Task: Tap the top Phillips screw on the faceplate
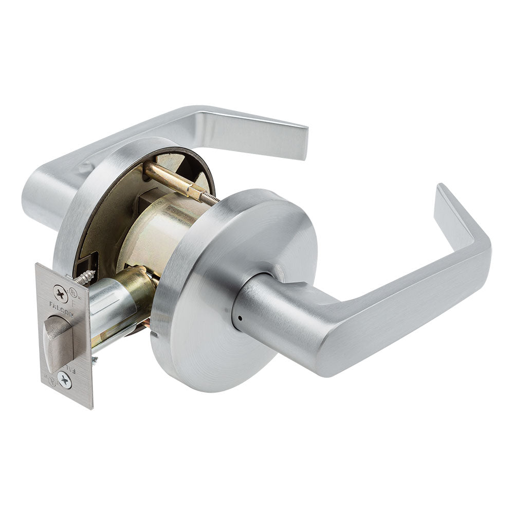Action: pyautogui.click(x=61, y=293)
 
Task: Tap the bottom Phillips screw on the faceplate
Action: pyautogui.click(x=64, y=381)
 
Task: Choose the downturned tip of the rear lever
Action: pyautogui.click(x=298, y=141)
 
